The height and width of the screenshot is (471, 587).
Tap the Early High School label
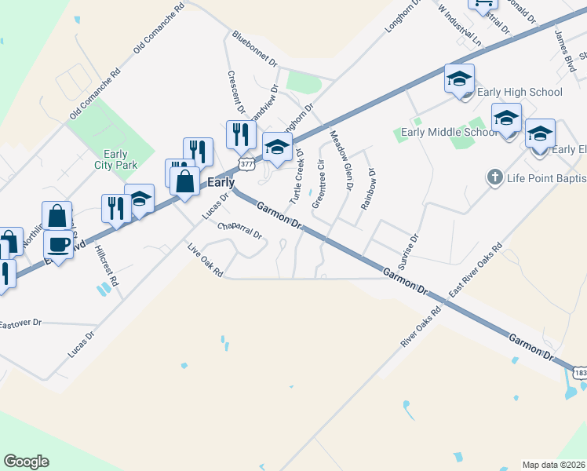(520, 93)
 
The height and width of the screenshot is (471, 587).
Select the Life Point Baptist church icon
(494, 177)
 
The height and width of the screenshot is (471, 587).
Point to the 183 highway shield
(579, 371)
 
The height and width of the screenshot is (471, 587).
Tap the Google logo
(26, 462)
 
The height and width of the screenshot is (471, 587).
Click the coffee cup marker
(57, 244)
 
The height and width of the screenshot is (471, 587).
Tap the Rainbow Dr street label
(368, 189)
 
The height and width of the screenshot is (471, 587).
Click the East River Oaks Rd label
(475, 268)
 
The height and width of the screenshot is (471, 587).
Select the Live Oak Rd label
(206, 260)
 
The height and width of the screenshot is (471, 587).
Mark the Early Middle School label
(449, 132)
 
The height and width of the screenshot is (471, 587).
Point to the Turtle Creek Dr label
(297, 177)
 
